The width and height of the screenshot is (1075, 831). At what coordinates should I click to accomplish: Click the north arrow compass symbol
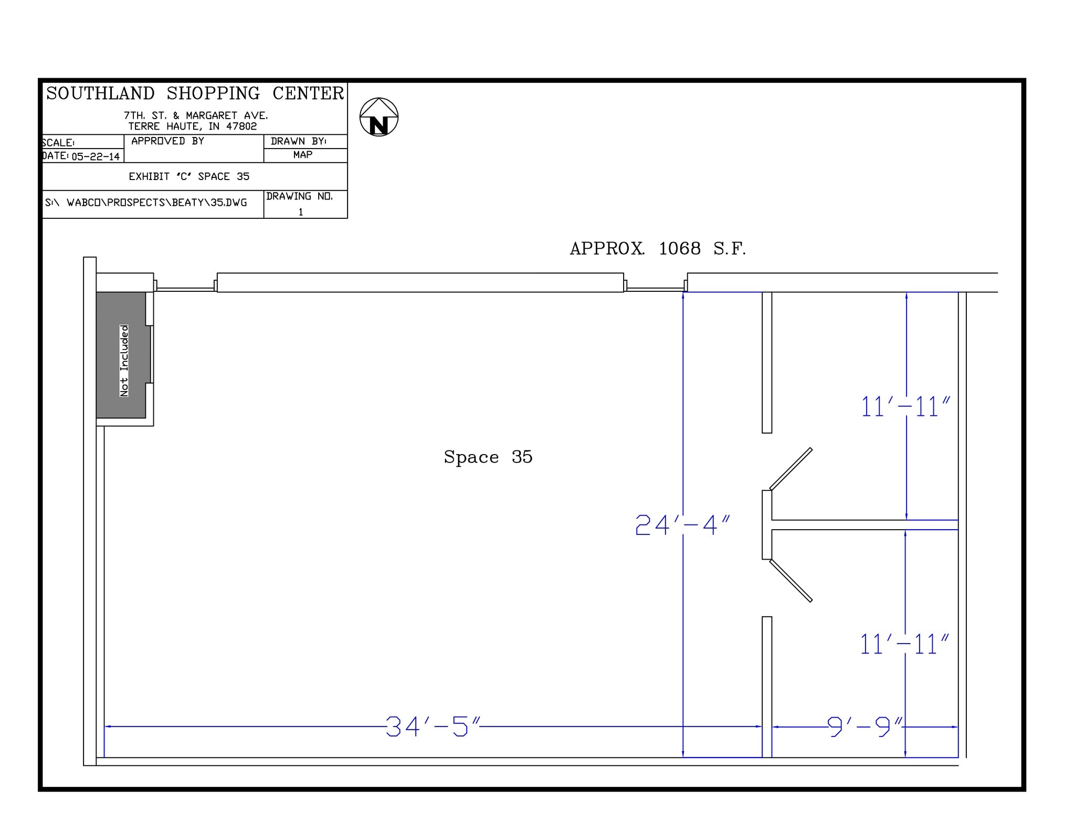(x=378, y=117)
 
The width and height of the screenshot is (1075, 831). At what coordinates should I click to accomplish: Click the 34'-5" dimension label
(x=433, y=727)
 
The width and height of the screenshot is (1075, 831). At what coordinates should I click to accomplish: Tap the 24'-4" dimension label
(x=682, y=525)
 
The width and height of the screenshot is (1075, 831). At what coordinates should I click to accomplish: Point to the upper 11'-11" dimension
(x=905, y=407)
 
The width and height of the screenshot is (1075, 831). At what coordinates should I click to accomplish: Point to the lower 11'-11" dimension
(x=904, y=645)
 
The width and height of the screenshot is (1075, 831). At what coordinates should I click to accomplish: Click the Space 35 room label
(x=488, y=457)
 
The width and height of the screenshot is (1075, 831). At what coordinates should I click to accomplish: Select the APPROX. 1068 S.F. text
(x=658, y=248)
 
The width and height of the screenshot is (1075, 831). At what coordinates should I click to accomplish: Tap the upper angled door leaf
(x=791, y=468)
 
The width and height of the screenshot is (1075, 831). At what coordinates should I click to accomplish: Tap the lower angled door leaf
(x=791, y=581)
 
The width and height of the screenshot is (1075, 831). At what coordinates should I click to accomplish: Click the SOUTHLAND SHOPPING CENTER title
(x=195, y=93)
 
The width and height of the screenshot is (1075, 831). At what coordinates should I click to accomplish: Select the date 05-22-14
(x=96, y=156)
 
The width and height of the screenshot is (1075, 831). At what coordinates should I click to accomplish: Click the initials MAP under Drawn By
(x=303, y=155)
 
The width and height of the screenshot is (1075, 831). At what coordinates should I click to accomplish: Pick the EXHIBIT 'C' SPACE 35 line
(x=189, y=176)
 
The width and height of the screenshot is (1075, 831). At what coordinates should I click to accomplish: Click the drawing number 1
(x=301, y=212)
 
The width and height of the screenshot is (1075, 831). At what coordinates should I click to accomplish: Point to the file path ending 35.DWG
(x=146, y=203)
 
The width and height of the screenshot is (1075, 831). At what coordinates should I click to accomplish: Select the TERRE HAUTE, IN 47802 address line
(x=193, y=127)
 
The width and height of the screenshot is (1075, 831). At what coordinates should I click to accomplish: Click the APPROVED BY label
(x=167, y=141)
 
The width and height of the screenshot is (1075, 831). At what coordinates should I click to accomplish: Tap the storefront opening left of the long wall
(x=185, y=288)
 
